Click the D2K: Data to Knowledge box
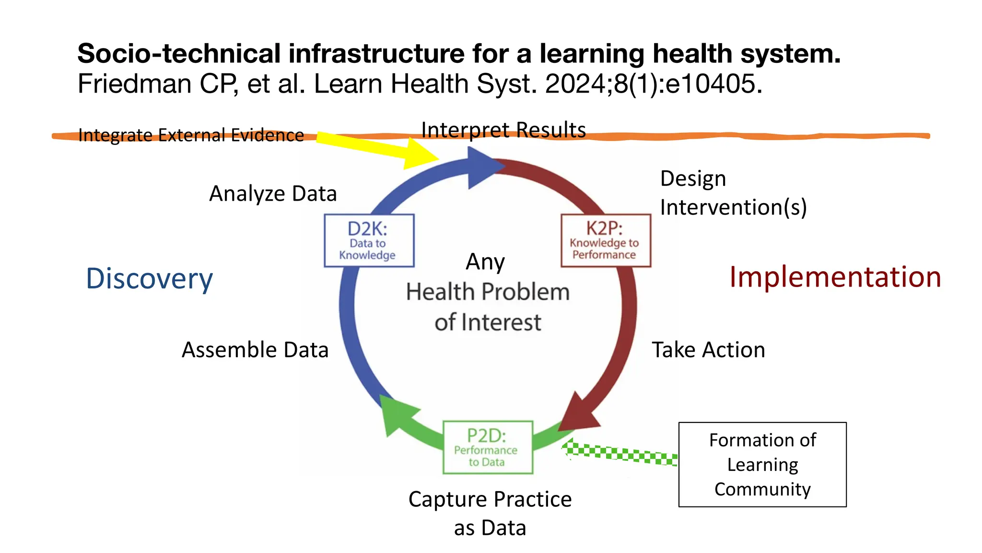369,240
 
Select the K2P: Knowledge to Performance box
606,240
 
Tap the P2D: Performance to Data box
488,447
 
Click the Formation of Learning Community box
762,464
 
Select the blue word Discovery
149,278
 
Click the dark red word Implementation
835,277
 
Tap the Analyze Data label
273,193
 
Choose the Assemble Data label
255,349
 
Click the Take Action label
708,349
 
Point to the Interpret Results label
503,130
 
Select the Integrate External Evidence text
191,135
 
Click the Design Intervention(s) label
733,193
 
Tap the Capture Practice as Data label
490,513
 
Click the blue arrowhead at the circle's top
481,168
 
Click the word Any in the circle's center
485,262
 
